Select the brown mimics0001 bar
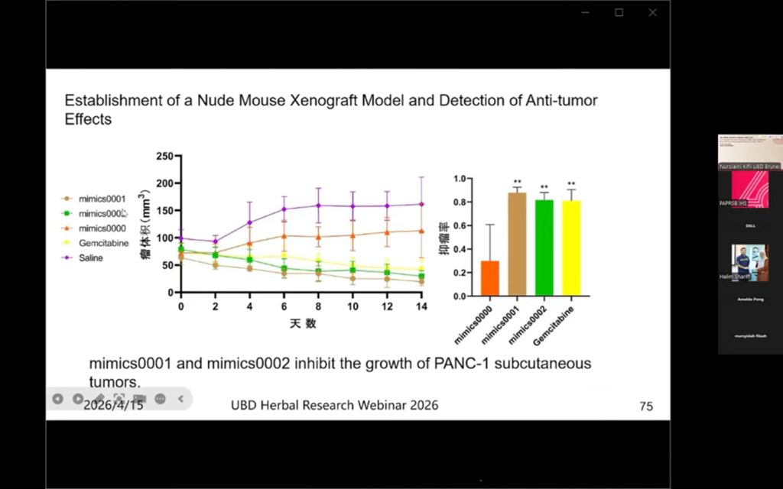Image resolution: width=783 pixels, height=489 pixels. (x=517, y=244)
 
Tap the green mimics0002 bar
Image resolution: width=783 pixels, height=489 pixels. (x=544, y=248)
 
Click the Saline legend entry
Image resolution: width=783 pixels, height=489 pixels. (x=90, y=258)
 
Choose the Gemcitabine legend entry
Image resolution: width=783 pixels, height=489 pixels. (x=102, y=243)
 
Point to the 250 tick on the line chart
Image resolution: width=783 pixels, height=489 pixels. (x=164, y=156)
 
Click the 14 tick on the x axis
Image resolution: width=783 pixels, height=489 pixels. (x=420, y=306)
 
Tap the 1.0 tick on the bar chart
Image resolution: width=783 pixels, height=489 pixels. (x=460, y=179)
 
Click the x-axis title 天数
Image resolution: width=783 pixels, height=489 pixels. (x=303, y=323)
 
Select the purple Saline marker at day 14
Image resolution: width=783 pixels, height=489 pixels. (x=421, y=204)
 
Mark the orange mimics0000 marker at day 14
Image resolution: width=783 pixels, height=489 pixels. (x=421, y=231)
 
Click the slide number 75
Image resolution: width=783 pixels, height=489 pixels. (x=646, y=406)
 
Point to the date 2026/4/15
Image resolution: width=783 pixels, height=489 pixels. (x=113, y=405)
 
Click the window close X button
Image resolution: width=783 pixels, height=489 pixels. (x=652, y=12)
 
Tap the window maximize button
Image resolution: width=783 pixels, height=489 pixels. (x=619, y=12)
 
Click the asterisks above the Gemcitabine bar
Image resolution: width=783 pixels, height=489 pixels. (x=571, y=184)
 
